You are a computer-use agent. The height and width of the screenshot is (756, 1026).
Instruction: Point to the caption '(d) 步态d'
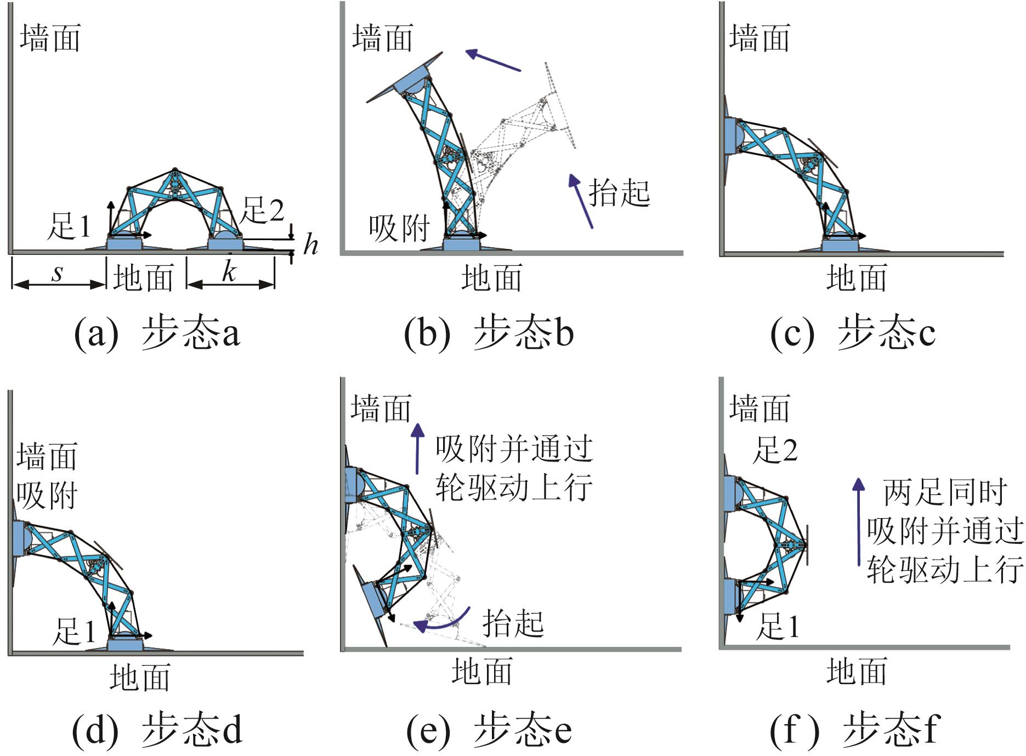pos(157,730)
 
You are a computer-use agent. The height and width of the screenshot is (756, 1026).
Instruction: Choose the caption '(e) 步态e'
pos(489,730)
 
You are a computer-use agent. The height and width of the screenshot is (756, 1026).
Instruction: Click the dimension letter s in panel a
pos(58,272)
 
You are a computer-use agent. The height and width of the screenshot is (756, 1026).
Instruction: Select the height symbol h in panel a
pos(310,244)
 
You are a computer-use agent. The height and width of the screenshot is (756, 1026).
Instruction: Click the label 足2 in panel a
pos(263,211)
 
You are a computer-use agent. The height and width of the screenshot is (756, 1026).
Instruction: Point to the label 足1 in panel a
pos(69,226)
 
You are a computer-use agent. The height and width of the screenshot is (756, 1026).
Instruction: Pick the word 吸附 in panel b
pos(399,228)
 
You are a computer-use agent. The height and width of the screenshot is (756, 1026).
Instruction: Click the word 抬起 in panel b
pos(619,193)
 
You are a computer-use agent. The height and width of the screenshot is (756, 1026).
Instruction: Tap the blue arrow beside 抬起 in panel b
pos(581,200)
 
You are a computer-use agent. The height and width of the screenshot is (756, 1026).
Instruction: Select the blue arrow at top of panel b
pos(492,60)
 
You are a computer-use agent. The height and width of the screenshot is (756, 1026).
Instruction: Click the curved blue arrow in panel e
pos(441,621)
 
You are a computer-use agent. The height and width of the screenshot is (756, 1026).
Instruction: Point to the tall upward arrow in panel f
pos(859,521)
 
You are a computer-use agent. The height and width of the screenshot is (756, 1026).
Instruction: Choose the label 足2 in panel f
pos(775,450)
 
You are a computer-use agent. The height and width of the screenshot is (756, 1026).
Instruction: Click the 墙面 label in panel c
pos(759,38)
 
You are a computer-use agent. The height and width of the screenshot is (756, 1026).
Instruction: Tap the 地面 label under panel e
pos(482,672)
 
